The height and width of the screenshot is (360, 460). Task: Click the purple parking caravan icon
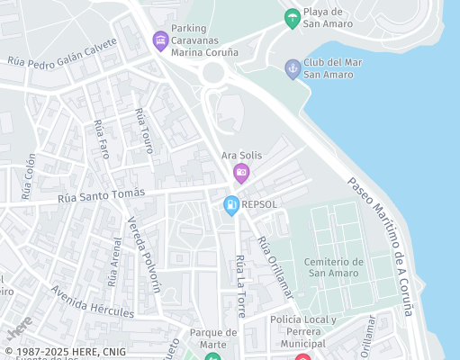(160, 40)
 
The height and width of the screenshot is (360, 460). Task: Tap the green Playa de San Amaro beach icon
(292, 17)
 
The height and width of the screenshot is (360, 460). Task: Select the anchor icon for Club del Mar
(292, 67)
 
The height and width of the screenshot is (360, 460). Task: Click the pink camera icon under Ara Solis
(240, 173)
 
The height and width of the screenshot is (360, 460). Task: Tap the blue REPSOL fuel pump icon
(231, 204)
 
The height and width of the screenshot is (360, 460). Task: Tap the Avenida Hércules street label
(92, 301)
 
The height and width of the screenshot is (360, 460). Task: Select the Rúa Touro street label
(144, 130)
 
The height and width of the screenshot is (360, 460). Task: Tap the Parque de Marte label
(213, 337)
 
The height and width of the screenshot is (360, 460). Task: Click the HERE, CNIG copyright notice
(65, 352)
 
